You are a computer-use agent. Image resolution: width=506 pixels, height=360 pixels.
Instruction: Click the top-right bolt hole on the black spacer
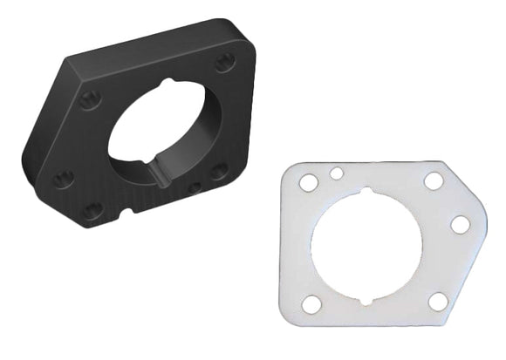tap(225, 62)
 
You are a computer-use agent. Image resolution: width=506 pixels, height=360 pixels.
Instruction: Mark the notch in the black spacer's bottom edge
tap(127, 211)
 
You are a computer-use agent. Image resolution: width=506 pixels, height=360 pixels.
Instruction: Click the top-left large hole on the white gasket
tap(308, 183)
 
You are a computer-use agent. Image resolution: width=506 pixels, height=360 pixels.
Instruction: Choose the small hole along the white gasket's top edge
tap(337, 173)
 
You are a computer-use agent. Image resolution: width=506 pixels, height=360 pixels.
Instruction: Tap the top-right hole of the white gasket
tap(434, 180)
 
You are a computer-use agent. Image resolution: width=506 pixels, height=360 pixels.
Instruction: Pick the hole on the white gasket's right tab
tap(460, 224)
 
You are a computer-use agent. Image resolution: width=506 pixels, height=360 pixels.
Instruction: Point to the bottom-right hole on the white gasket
tap(438, 301)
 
